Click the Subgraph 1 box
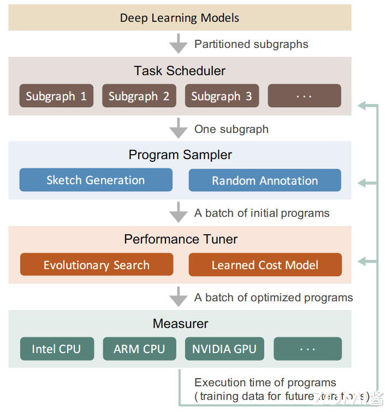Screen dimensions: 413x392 (56, 96)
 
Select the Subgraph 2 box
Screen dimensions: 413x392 (139, 96)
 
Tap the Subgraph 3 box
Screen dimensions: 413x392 (222, 96)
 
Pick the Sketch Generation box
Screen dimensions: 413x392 (96, 180)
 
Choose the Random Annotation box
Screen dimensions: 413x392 (265, 180)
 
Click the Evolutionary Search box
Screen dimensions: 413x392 (97, 265)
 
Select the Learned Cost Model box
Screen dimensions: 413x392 (265, 265)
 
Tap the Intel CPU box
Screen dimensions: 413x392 (57, 349)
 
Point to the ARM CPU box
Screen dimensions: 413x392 (139, 349)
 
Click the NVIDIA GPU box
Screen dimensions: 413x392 (224, 349)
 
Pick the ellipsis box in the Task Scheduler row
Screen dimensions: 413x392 (304, 96)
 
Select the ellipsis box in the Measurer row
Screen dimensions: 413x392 (307, 349)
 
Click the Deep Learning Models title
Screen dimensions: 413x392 (180, 17)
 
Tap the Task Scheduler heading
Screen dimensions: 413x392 (180, 71)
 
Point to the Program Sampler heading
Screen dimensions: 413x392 (180, 155)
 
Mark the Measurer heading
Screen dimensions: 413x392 (180, 324)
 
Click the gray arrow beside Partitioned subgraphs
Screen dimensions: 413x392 (179, 43)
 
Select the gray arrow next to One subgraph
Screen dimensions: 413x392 (179, 129)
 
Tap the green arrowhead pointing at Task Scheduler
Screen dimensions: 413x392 (362, 105)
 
